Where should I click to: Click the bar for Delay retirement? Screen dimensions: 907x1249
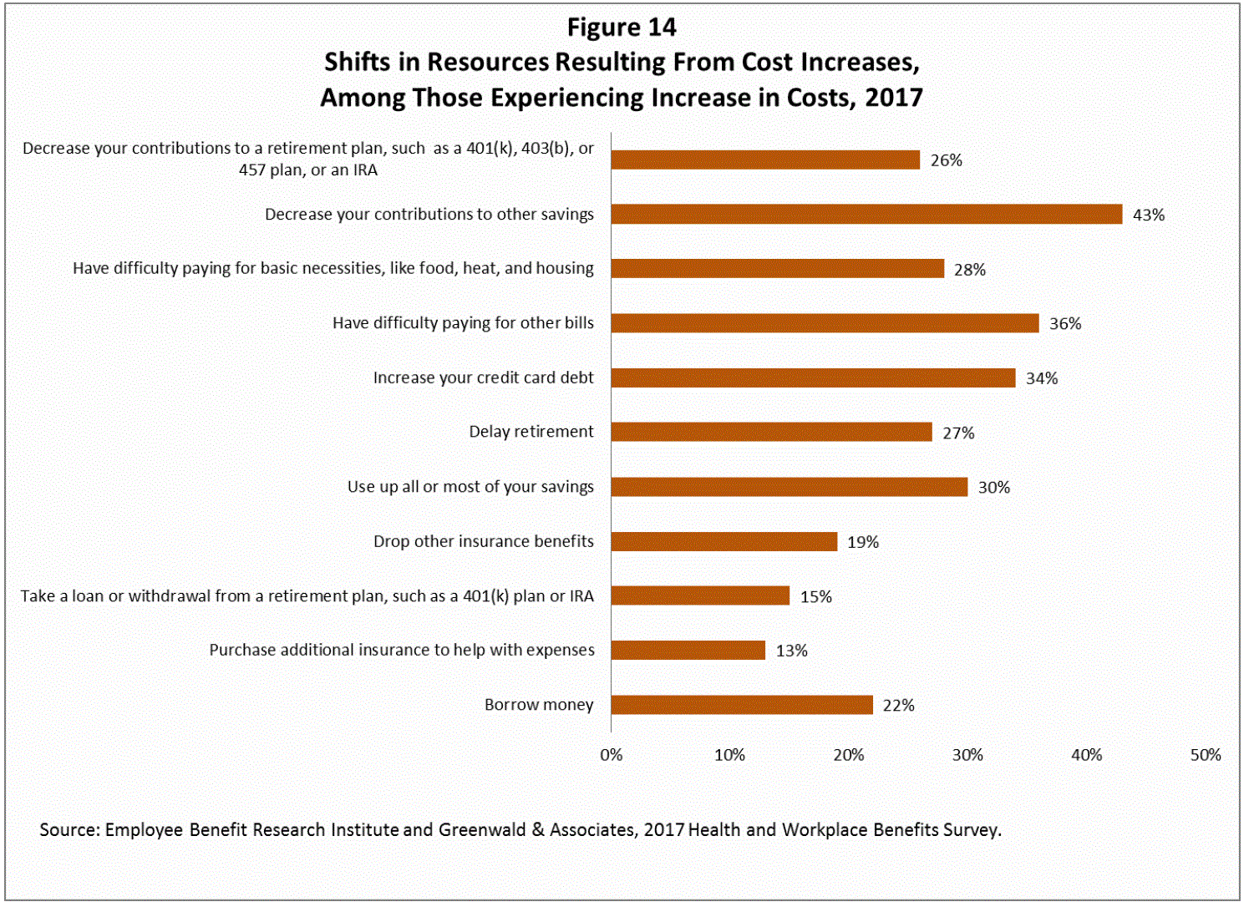771,432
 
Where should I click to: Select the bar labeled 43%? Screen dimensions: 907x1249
866,214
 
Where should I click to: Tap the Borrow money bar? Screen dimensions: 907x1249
742,705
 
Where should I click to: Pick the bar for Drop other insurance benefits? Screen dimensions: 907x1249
724,541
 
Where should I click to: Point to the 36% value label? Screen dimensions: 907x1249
1065,324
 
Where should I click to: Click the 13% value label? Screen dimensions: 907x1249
791,651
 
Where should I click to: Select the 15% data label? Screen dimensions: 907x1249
815,596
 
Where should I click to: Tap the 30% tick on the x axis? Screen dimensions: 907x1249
967,755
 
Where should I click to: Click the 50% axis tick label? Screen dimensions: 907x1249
1205,755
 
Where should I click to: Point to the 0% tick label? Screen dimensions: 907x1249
611,755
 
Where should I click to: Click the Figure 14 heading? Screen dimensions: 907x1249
622,28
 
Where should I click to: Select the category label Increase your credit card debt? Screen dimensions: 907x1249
483,377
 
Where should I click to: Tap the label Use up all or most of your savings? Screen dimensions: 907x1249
470,487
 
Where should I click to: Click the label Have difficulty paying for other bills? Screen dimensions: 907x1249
463,323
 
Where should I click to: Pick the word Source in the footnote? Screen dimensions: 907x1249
69,830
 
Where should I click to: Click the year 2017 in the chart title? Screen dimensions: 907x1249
894,98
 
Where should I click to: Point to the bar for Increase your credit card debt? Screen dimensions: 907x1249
813,377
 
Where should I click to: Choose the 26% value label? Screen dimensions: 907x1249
946,160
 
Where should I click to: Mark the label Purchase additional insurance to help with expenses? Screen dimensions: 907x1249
402,650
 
